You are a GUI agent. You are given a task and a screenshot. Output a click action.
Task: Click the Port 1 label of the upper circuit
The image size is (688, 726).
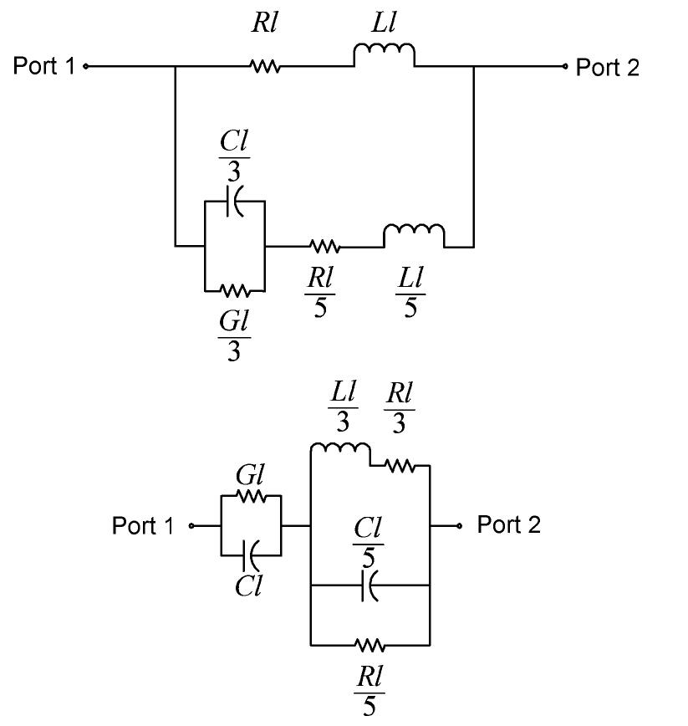[x=44, y=66]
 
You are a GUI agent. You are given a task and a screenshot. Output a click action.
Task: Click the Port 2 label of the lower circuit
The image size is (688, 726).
[x=508, y=525]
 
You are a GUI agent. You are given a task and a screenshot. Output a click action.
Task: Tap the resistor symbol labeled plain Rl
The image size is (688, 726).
[x=265, y=66]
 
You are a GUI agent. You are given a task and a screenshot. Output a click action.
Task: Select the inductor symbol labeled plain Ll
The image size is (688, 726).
[x=384, y=56]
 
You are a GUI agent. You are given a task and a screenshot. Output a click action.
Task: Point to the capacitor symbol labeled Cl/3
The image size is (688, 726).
[x=235, y=202]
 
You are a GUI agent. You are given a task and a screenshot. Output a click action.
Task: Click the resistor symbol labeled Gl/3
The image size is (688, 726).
[x=235, y=291]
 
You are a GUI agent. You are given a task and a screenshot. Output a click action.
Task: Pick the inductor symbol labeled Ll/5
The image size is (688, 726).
[x=413, y=237]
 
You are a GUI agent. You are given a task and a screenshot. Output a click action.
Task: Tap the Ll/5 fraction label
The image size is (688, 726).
[x=410, y=294]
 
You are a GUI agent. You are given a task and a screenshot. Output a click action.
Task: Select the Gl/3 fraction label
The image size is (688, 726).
[x=234, y=335]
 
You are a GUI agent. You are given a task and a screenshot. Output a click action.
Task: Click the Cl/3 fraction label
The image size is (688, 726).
[x=234, y=156]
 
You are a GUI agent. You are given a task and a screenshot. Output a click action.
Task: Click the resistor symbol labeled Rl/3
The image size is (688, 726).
[x=400, y=465]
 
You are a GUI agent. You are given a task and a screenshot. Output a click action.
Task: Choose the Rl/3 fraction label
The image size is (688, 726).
[x=399, y=407]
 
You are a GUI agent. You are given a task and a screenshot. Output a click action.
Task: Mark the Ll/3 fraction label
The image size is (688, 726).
[x=344, y=407]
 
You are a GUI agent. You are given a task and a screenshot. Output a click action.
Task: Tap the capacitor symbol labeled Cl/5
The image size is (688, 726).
[x=369, y=586]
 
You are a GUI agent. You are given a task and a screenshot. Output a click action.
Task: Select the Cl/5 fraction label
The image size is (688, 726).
[x=369, y=542]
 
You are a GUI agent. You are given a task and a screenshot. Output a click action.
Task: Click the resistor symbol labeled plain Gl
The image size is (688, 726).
[x=251, y=496]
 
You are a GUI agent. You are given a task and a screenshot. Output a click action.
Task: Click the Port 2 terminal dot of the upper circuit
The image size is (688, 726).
[x=566, y=66]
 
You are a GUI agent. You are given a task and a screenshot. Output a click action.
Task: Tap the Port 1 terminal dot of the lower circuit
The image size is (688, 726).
[x=192, y=526]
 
